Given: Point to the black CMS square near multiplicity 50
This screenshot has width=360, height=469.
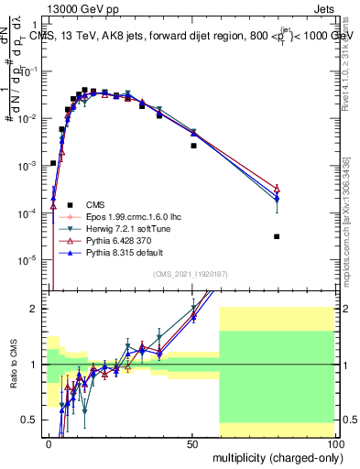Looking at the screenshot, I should tap(193, 146).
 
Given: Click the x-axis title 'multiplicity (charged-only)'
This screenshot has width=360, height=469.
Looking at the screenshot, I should tap(272, 455).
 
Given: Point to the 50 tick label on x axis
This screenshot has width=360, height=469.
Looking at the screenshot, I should tap(192, 442).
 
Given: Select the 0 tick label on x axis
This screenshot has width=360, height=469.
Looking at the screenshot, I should tap(49, 442).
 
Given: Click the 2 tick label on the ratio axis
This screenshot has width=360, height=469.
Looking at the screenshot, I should tap(38, 309).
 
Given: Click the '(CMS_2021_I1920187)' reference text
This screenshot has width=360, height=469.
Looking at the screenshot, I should tap(191, 274).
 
